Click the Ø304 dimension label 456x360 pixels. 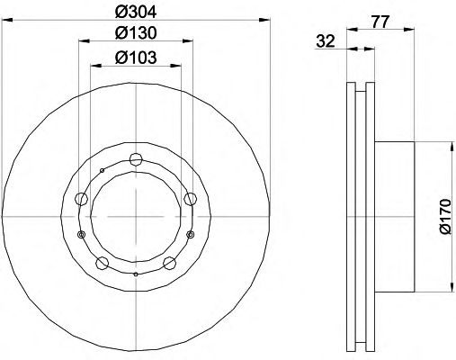pos(136,12)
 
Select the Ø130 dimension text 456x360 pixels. pos(136,33)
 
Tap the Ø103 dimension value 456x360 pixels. pos(136,57)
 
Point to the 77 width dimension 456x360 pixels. pos(380,22)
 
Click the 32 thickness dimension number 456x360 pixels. pos(326,41)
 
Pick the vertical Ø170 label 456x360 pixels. pos(444,217)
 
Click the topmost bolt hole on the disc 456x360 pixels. pos(136,159)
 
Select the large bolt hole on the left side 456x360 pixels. pos(81,199)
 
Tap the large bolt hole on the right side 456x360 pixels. pos(190,199)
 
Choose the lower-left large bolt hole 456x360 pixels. pos(102,263)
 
